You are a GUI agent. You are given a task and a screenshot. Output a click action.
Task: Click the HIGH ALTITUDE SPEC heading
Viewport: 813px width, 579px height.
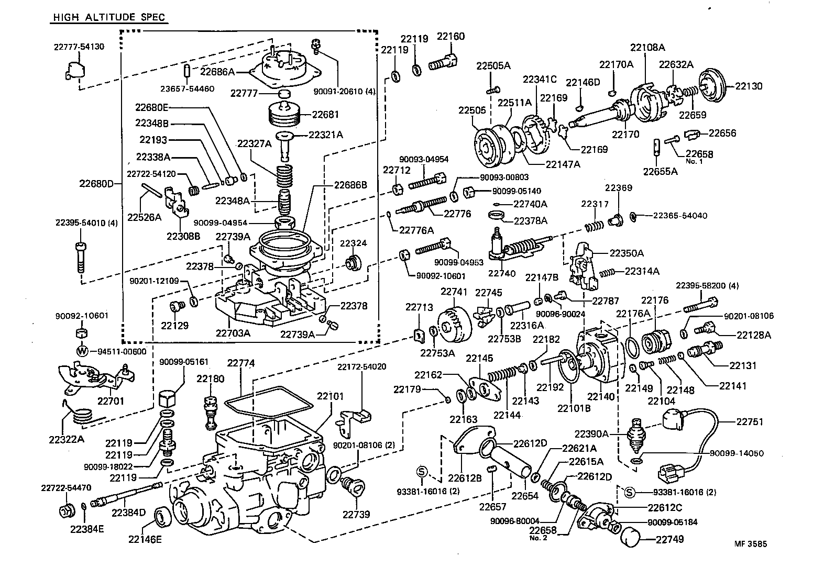109,17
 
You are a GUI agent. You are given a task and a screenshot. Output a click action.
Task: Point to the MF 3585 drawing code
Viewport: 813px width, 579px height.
750,543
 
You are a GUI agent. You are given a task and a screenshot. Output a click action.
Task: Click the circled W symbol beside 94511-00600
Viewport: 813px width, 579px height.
82,351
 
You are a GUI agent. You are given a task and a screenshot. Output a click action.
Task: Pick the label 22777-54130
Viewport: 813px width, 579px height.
79,47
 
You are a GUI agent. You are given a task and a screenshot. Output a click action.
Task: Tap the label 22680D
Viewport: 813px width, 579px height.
96,184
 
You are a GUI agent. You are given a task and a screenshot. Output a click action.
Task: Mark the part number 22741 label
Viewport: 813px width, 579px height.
454,292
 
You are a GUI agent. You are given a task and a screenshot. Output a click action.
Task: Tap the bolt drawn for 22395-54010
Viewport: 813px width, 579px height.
80,257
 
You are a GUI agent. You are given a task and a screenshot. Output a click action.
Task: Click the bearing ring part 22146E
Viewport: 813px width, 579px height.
160,517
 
